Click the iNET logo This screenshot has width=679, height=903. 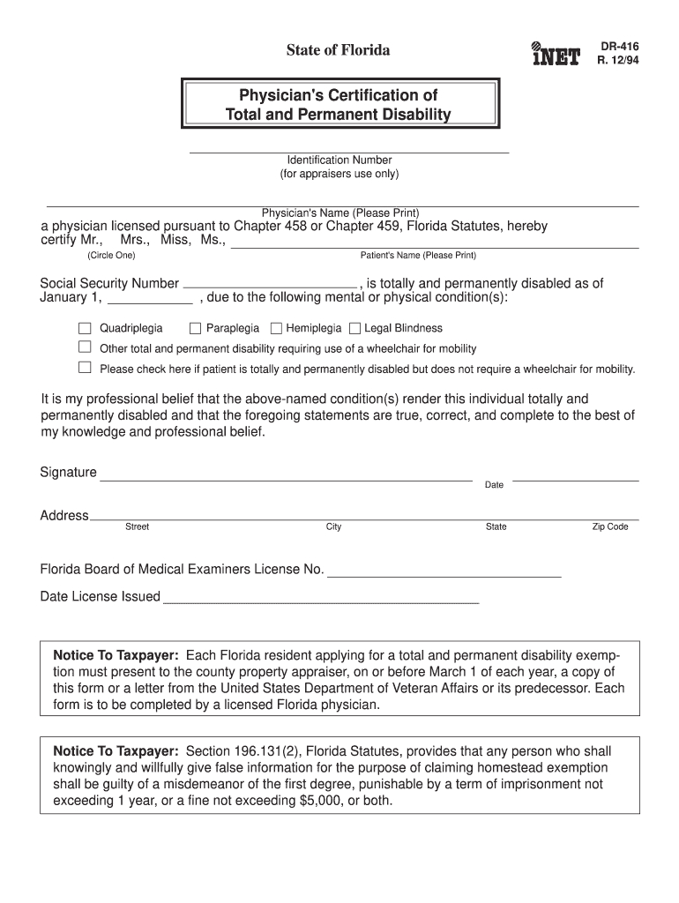(x=556, y=54)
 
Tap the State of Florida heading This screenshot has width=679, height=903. (x=338, y=50)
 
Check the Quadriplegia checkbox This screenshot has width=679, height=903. (x=86, y=328)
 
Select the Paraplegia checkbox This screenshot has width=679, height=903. (x=196, y=328)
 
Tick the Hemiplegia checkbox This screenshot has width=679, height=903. (x=276, y=328)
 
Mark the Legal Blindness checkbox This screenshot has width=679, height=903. (x=354, y=328)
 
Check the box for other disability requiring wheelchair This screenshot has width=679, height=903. (x=86, y=347)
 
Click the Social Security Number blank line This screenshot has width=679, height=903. (x=269, y=284)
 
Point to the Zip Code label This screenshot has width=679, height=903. (x=610, y=527)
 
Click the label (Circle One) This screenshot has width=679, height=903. (x=111, y=256)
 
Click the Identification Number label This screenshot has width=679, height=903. (x=339, y=160)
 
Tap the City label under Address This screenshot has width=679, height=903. (x=333, y=527)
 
